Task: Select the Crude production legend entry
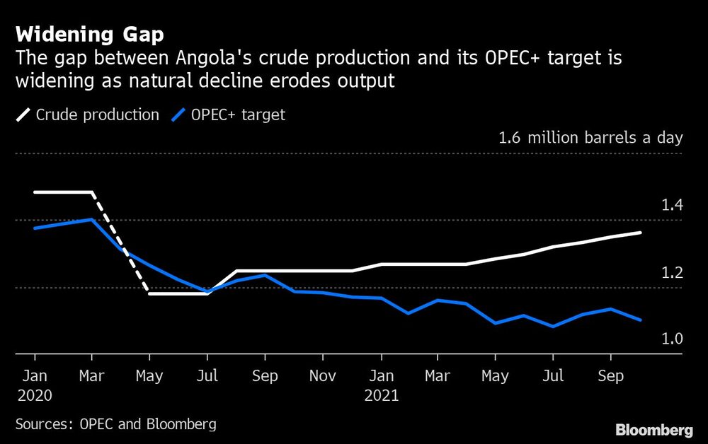point(88,114)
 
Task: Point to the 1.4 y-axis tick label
point(671,206)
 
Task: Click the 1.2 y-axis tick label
point(671,273)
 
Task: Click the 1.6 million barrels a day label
point(590,137)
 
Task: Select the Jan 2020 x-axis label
point(34,385)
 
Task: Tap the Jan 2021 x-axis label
point(382,385)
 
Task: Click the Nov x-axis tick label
point(324,376)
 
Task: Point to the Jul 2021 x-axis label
point(554,376)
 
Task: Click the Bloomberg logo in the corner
point(654,430)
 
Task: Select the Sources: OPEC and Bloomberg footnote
point(115,424)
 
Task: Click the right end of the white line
point(641,233)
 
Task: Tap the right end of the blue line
point(641,320)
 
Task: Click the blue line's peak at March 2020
point(92,219)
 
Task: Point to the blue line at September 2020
point(265,275)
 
